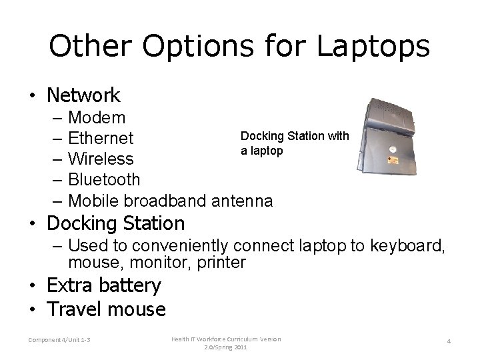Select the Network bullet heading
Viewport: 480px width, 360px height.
[83, 95]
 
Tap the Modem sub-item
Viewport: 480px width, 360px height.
[97, 118]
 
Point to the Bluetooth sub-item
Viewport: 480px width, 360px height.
[104, 179]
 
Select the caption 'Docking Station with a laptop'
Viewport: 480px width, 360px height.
[294, 143]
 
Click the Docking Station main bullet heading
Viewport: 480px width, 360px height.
[115, 223]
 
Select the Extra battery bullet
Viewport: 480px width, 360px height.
[104, 286]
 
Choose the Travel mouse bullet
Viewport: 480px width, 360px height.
[106, 309]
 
